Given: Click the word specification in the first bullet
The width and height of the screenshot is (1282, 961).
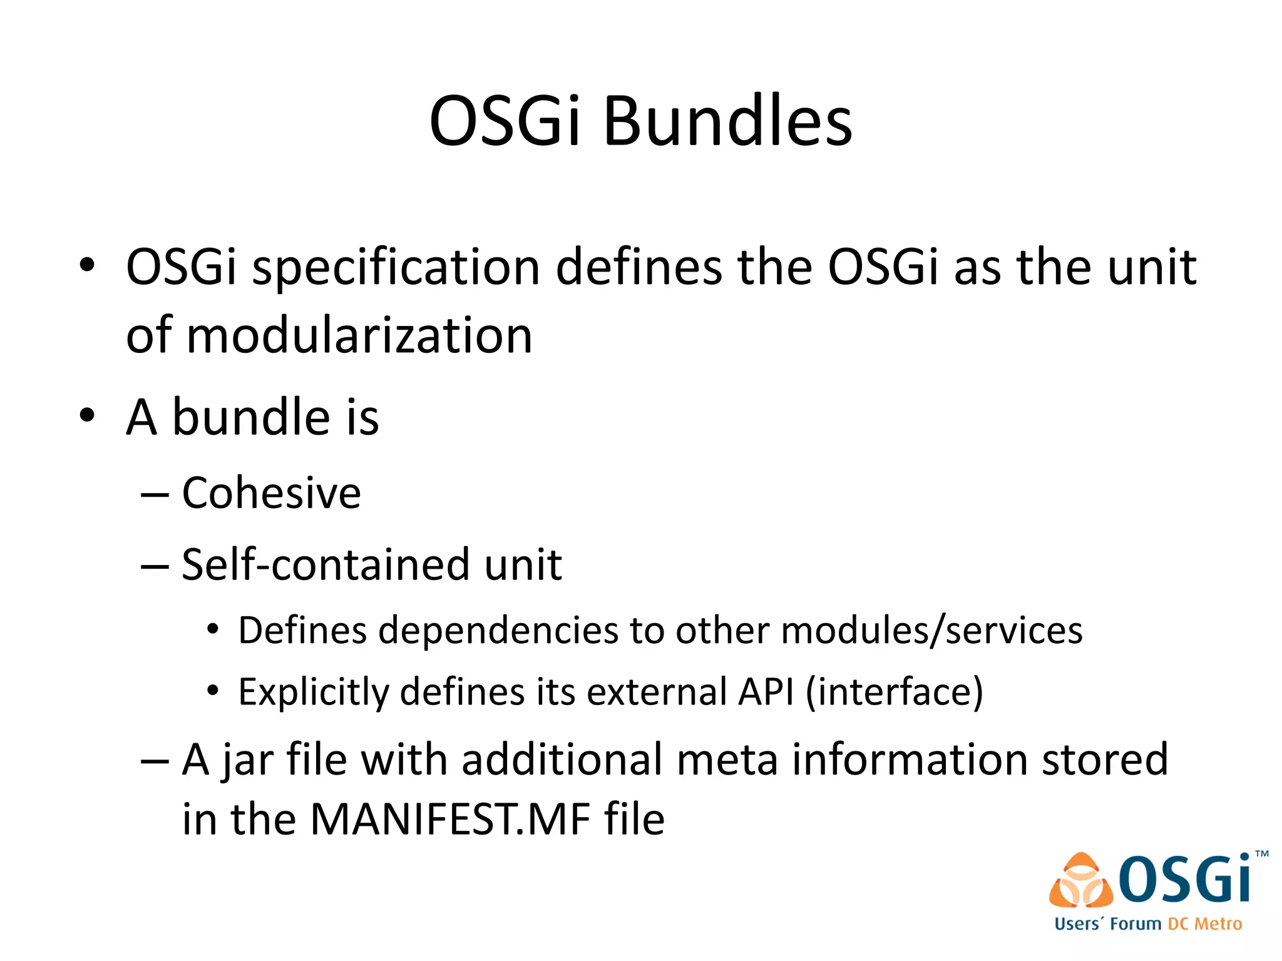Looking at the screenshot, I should click(x=396, y=268).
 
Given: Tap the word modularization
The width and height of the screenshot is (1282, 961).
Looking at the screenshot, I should click(x=359, y=336).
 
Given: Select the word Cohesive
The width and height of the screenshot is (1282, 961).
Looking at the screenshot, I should click(x=271, y=493).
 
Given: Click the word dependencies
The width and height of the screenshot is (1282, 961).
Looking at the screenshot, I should click(x=498, y=631).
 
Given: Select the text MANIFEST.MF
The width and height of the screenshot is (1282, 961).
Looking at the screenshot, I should click(x=449, y=819).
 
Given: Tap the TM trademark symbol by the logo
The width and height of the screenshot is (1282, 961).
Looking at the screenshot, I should click(x=1261, y=854).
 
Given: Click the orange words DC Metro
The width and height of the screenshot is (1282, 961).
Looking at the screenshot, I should click(x=1204, y=924).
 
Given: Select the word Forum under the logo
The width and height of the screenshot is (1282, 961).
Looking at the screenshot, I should click(x=1136, y=924).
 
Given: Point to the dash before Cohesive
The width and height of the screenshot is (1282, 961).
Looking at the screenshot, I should click(x=155, y=494).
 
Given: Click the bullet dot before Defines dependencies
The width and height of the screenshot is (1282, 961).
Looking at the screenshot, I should click(x=213, y=629).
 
